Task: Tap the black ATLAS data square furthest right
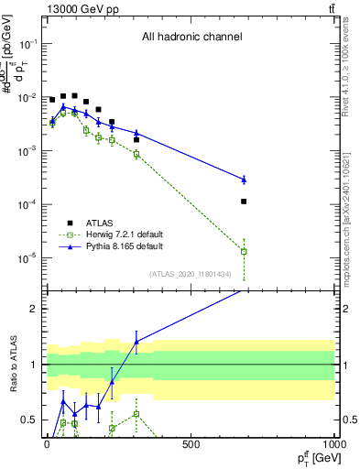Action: [x=245, y=202]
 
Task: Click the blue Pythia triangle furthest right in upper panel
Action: [x=245, y=179]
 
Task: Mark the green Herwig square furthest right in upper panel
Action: [x=245, y=251]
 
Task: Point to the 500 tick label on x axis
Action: [x=191, y=444]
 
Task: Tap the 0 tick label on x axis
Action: [x=46, y=444]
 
